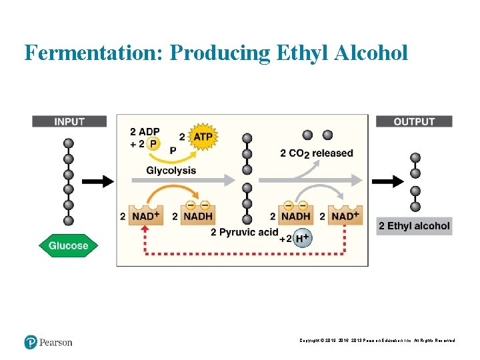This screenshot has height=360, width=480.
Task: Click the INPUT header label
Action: pyautogui.click(x=69, y=121)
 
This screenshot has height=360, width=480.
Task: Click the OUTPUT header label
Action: pyautogui.click(x=414, y=121)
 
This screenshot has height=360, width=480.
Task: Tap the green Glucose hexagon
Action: pyautogui.click(x=68, y=245)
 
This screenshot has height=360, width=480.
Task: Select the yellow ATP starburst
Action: pyautogui.click(x=203, y=137)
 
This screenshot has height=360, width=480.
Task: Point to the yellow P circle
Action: pyautogui.click(x=154, y=143)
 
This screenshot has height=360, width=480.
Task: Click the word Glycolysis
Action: pyautogui.click(x=171, y=170)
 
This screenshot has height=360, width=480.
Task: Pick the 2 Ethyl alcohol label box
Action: pyautogui.click(x=414, y=226)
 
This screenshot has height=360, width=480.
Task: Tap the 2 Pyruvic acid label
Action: pyautogui.click(x=244, y=232)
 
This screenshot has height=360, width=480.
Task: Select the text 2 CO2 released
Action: pyautogui.click(x=317, y=153)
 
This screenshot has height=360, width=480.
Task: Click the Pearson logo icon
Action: pyautogui.click(x=31, y=342)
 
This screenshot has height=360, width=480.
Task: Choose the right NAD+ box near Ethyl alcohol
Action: pyautogui.click(x=345, y=215)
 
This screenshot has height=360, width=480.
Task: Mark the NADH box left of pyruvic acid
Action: pyautogui.click(x=197, y=215)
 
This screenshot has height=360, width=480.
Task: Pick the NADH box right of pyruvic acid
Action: pyautogui.click(x=295, y=215)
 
